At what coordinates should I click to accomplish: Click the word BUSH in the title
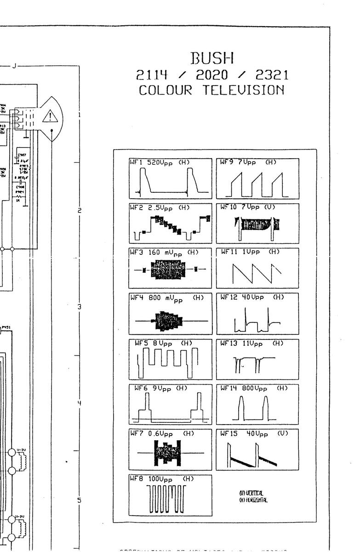click(212, 58)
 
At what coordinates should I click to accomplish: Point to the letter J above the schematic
click(14, 66)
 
